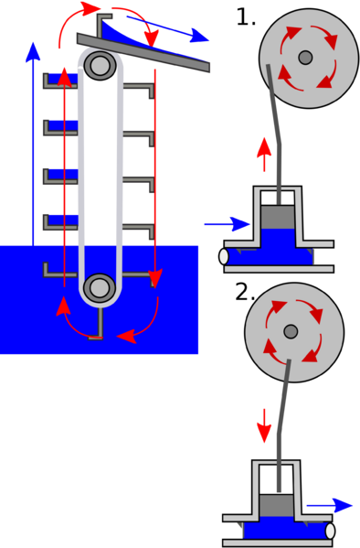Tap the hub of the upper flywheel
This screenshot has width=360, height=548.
(305, 59)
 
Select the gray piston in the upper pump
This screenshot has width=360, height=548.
(280, 217)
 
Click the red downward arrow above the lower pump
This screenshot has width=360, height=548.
(264, 426)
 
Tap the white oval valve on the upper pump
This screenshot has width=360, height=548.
(225, 256)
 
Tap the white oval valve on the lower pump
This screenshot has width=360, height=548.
(330, 531)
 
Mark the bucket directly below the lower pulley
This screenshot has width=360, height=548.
(95, 328)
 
